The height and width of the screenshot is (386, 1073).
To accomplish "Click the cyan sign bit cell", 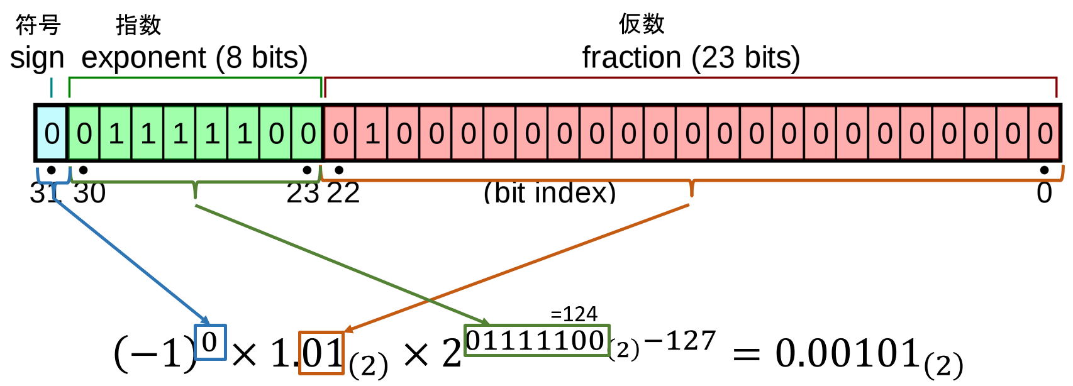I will pos(52,133).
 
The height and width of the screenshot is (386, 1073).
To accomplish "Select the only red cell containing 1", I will pos(372,133).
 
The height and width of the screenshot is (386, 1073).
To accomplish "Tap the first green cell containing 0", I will pos(84,133).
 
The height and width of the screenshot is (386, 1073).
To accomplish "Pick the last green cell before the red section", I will pos(308,133).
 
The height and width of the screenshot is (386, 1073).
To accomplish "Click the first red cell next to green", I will pos(340,133).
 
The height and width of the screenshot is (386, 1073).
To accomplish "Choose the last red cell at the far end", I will pos(1044,133).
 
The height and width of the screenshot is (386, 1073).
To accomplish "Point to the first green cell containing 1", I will pos(116,133).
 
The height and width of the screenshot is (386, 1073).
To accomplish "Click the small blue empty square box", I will pos(210,342).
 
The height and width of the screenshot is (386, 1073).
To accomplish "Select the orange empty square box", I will pos(321,353).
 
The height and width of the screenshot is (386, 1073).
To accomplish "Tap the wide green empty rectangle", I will pos(537,340).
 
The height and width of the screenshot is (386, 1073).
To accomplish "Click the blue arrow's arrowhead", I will pos(206,321).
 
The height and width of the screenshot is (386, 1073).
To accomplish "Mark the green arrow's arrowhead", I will pos(485,323).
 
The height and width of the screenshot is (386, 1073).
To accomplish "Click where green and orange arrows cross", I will pos(429,300).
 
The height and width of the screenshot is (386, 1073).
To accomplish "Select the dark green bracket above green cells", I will pos(195,78).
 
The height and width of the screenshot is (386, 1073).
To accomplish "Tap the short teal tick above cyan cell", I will pos(51,87).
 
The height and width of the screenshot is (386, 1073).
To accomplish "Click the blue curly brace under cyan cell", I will pos(53,182).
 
